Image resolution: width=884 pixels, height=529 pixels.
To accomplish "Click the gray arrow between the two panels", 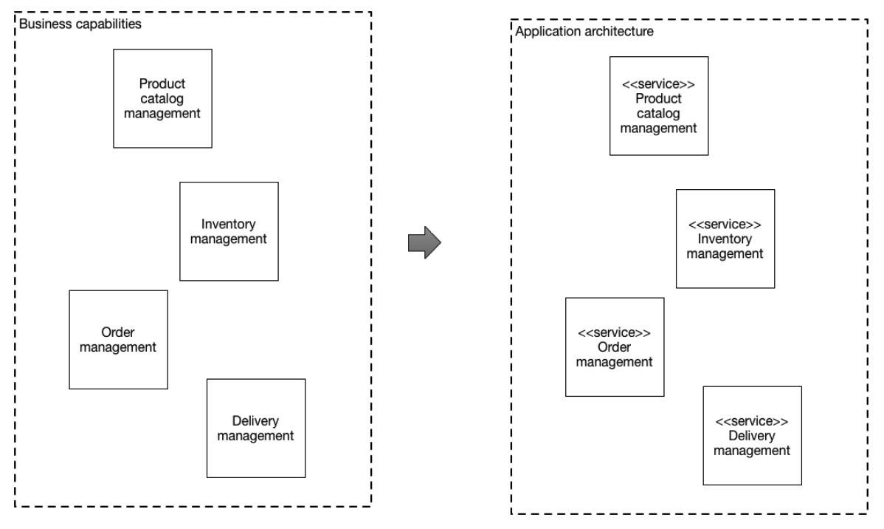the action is tap(424, 243).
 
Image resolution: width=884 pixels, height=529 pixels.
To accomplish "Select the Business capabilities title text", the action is tap(80, 24).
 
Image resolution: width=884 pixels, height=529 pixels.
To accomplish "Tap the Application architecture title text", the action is tap(584, 32).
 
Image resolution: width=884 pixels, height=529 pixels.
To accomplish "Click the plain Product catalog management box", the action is tap(162, 99).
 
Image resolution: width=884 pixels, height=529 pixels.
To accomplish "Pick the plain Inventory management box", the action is tap(229, 231).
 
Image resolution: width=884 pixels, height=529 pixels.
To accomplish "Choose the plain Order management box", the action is tap(118, 340).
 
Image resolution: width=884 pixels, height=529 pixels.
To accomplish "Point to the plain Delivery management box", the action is tap(256, 429).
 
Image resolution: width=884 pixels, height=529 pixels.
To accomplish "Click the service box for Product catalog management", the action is tap(659, 106).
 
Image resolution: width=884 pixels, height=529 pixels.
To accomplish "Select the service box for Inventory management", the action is tap(725, 239).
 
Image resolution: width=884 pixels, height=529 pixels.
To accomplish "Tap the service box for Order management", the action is tap(615, 347).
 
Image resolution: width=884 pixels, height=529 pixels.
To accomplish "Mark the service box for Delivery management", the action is tap(753, 436).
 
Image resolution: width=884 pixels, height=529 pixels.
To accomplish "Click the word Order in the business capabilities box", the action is tap(118, 332).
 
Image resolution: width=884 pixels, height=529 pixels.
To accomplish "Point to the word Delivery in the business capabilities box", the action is tap(255, 421).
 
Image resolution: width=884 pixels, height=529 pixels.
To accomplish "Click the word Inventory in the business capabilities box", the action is tap(228, 224).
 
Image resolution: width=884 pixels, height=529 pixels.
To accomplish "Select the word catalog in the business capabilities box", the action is tap(162, 99).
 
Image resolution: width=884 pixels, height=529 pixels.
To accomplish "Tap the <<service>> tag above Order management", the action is tap(615, 333).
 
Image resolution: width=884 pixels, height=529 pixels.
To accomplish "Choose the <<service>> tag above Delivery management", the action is tap(752, 422).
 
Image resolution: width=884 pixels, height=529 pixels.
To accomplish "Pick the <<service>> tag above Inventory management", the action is tap(725, 225).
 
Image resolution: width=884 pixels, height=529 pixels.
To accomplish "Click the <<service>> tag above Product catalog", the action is tap(658, 85).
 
